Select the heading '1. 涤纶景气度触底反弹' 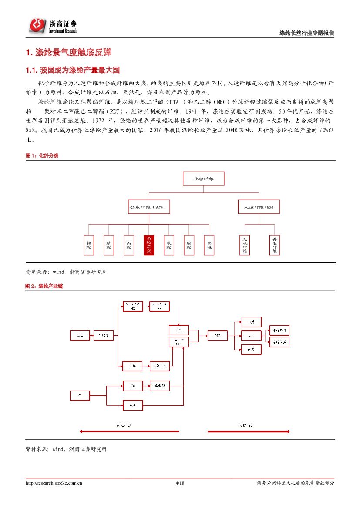(x=69, y=53)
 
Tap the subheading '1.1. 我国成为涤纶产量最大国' (x=73, y=70)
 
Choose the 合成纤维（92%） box (x=148, y=207)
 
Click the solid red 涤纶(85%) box (x=148, y=245)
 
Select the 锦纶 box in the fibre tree (x=89, y=245)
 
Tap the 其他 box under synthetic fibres (x=209, y=245)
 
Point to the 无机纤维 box (x=245, y=245)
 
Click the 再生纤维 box (x=275, y=245)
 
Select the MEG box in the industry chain (x=178, y=342)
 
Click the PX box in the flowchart (x=159, y=306)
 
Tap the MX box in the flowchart (x=132, y=306)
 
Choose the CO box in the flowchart (x=132, y=385)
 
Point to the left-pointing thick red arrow (x=129, y=431)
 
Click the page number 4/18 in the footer (x=180, y=483)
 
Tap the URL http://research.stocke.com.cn (x=54, y=483)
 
